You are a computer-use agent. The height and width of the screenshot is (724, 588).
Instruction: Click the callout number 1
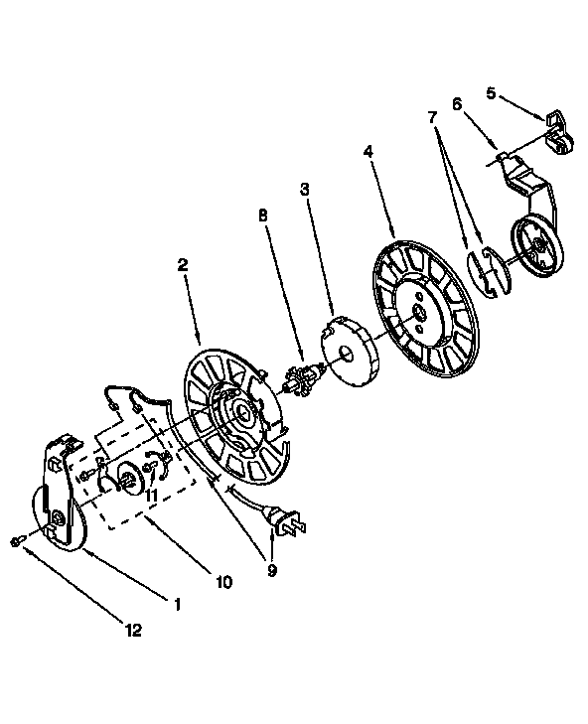tap(177, 604)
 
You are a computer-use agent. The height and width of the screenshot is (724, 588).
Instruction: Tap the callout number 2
tap(183, 265)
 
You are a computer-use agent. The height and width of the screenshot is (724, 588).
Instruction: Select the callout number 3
tap(304, 190)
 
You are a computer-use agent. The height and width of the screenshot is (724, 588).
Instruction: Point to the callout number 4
tap(368, 151)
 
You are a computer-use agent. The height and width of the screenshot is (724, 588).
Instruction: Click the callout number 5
tap(491, 93)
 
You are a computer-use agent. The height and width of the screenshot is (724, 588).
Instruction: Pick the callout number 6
tap(457, 104)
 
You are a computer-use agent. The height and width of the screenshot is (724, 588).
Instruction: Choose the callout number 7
tap(432, 118)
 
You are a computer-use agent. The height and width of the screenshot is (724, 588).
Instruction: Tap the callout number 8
tap(263, 217)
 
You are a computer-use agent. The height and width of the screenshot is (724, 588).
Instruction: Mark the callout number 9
tap(272, 571)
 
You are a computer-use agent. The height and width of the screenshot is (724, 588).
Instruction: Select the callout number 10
tap(223, 583)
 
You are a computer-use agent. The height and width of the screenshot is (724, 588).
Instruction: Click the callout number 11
tap(152, 496)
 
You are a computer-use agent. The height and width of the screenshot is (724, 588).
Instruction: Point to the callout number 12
tap(133, 630)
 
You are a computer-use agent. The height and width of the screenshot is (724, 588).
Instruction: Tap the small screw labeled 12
tap(16, 540)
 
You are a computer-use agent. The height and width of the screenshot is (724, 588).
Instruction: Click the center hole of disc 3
tap(346, 354)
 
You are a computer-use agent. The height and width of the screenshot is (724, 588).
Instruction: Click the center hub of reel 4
tap(420, 313)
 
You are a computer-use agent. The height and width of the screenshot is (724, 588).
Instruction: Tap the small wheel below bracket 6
tap(538, 244)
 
